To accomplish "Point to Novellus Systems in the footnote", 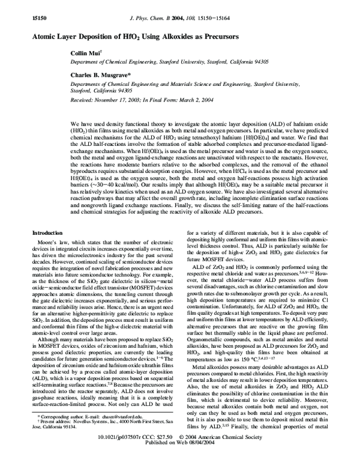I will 88,437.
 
